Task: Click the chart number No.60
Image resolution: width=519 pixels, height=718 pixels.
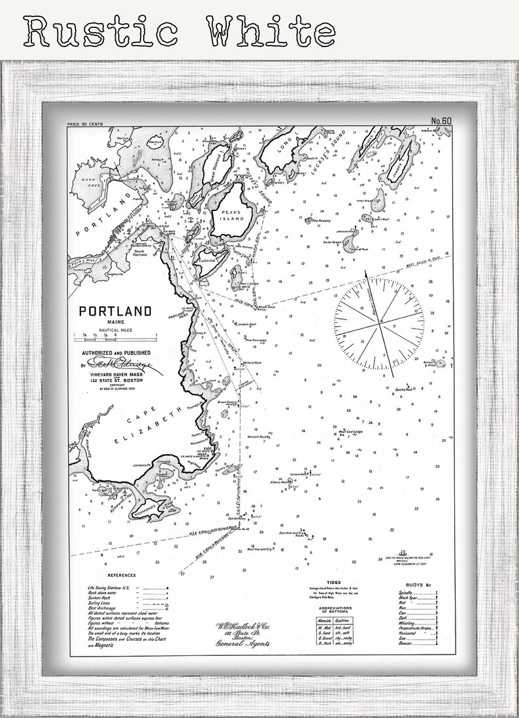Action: [x=442, y=120]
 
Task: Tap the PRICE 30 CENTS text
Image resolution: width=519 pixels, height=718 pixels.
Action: [x=88, y=123]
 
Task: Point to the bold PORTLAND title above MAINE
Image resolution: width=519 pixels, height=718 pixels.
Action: [x=115, y=311]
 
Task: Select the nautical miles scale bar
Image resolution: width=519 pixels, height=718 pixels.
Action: [x=115, y=337]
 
